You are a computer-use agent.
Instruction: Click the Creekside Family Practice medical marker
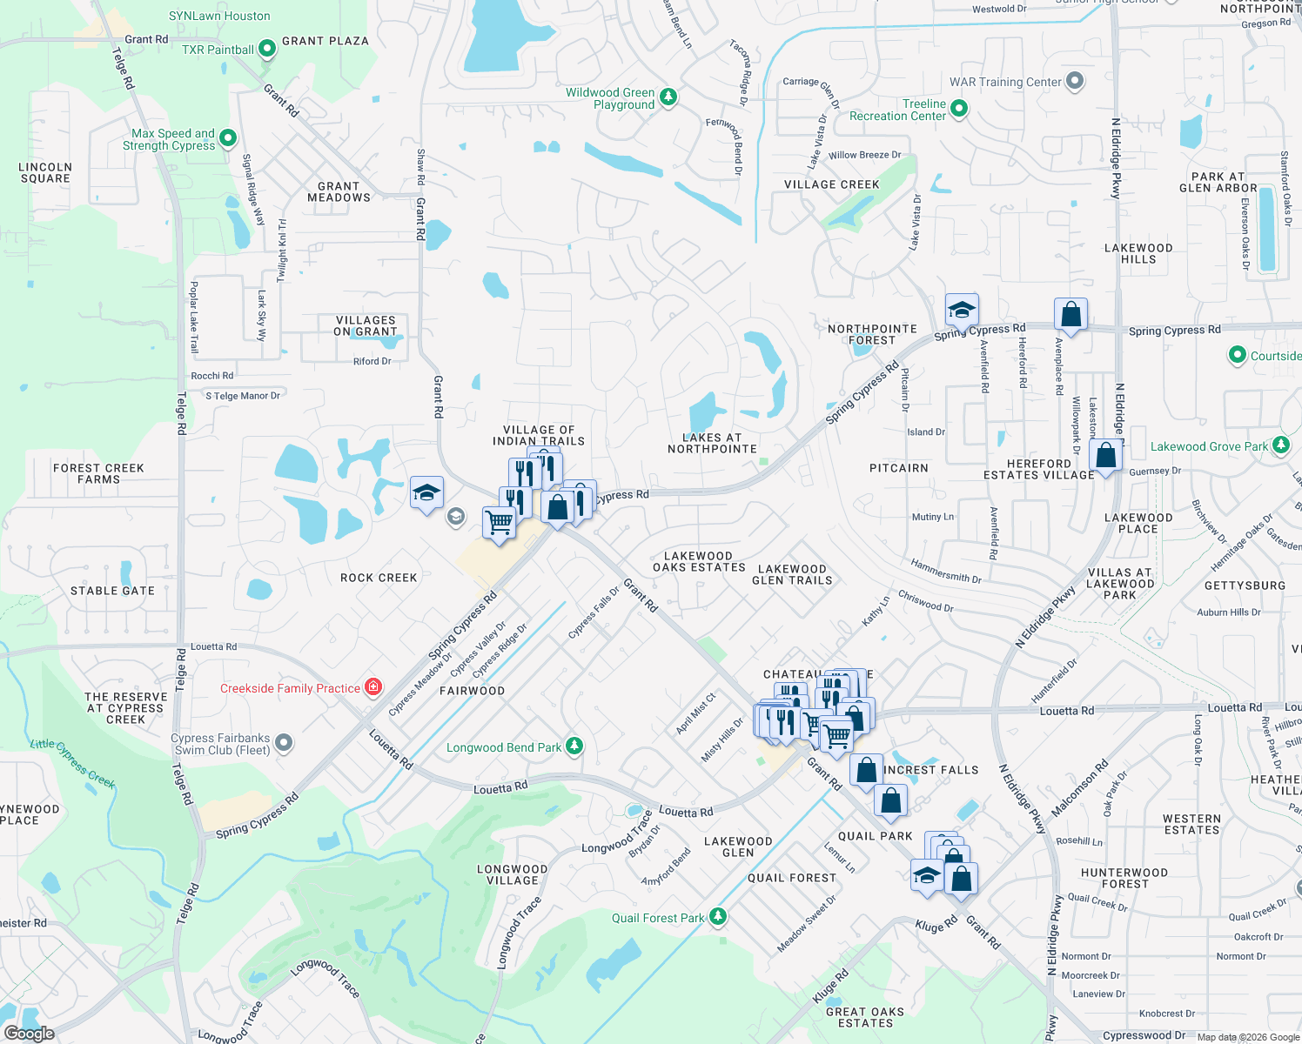click(373, 687)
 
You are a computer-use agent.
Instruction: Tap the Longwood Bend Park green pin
click(574, 746)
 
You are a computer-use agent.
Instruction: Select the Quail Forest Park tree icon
click(717, 916)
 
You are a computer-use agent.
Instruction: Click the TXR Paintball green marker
click(267, 49)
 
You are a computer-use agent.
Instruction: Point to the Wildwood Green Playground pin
click(668, 97)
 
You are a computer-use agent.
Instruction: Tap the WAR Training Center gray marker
click(1075, 81)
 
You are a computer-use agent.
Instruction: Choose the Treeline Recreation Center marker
click(958, 109)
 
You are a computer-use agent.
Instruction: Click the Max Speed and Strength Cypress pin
click(227, 137)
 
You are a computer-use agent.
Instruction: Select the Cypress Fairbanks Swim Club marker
click(284, 743)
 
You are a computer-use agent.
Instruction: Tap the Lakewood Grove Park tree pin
click(1280, 445)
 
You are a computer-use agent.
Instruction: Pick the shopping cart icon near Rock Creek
click(499, 523)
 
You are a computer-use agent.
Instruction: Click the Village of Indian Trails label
click(539, 435)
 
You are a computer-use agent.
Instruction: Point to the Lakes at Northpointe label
click(712, 443)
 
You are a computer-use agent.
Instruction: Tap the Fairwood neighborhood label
click(472, 691)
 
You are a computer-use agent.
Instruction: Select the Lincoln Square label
click(45, 172)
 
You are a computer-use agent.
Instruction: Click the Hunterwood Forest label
click(1124, 878)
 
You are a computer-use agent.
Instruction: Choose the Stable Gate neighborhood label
click(112, 591)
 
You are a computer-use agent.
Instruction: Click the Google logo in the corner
click(29, 1033)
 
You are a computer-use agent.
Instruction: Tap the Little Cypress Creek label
click(73, 762)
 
